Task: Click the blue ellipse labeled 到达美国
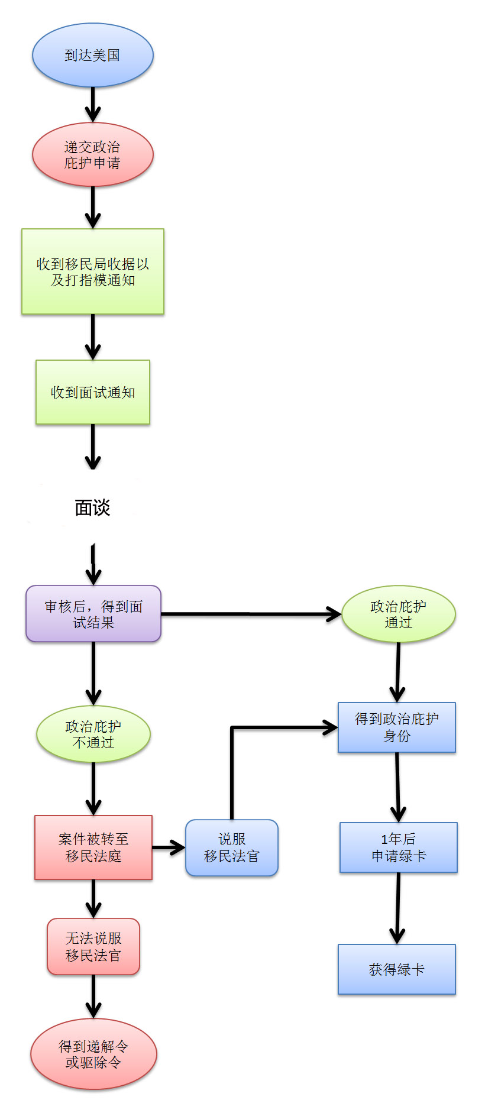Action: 93,55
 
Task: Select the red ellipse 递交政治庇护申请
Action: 93,154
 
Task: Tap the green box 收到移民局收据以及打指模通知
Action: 93,271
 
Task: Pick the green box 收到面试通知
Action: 93,392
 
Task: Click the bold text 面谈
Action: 93,507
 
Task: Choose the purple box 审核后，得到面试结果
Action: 93,614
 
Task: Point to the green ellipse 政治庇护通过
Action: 399,614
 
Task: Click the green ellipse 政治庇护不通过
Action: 93,734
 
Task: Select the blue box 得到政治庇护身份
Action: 397,727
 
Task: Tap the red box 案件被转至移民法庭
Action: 93,847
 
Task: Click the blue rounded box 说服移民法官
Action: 232,847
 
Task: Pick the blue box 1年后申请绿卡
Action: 399,847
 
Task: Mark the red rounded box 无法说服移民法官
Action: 93,946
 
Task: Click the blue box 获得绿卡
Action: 397,969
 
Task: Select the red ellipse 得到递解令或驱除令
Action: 93,1054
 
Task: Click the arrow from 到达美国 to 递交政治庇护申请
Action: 93,105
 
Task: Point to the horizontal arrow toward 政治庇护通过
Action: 251,614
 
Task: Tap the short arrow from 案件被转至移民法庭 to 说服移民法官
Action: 169,847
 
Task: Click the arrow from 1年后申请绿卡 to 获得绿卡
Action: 398,908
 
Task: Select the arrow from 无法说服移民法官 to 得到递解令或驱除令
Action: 93,996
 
